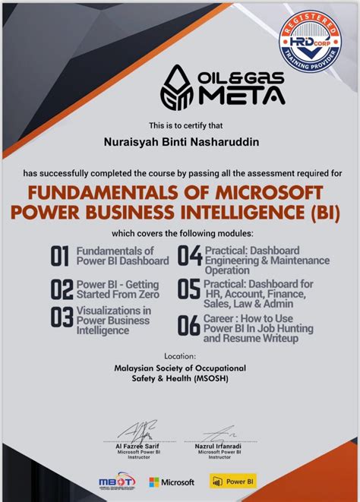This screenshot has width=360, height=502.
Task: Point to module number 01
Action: click(x=60, y=256)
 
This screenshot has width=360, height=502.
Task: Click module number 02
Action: click(x=61, y=289)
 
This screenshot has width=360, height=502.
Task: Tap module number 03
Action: click(x=61, y=317)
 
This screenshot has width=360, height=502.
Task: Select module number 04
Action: click(x=188, y=256)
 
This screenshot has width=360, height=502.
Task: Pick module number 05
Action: click(x=188, y=289)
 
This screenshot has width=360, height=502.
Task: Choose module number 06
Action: click(x=188, y=326)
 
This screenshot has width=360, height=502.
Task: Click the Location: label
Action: click(x=180, y=355)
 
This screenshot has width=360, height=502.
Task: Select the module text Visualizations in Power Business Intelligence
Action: click(x=113, y=320)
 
